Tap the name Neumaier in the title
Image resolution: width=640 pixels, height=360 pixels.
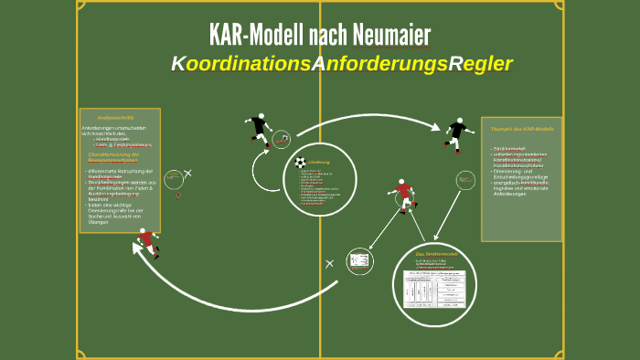389,35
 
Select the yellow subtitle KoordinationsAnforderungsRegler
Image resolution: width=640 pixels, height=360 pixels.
341,64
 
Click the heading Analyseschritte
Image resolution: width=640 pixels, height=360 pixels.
115,118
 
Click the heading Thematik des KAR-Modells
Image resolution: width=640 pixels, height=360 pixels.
522,129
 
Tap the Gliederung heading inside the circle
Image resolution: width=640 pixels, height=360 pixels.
318,162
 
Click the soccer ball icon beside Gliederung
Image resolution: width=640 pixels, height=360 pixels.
300,162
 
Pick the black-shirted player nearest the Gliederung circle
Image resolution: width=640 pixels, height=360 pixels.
260,129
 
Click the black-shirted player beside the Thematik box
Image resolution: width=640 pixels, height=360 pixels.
457,133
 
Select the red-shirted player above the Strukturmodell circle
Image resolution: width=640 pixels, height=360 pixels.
402,194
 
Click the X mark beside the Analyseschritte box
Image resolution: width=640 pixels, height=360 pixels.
188,173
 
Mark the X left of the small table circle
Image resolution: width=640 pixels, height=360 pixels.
329,263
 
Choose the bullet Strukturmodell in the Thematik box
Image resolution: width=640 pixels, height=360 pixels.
510,148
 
